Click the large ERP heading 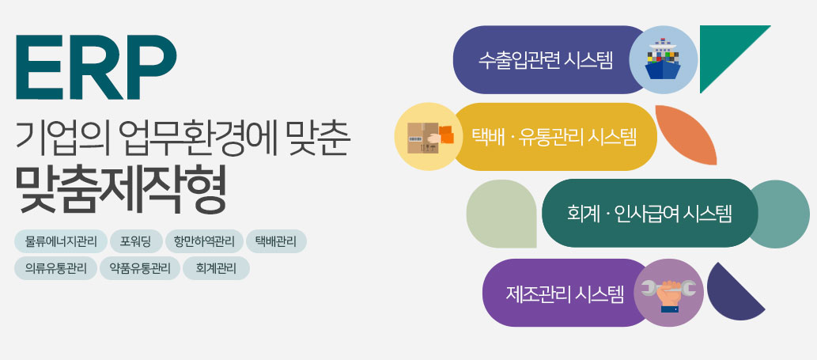click(x=96, y=67)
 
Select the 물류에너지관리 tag click(x=61, y=241)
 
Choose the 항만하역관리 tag click(x=204, y=241)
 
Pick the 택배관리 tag click(x=276, y=241)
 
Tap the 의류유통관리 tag click(x=55, y=268)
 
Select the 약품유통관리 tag click(x=140, y=268)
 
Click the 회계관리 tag click(x=216, y=268)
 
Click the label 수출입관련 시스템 click(x=546, y=60)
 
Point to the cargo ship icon click(x=663, y=59)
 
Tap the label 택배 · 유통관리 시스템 click(x=554, y=137)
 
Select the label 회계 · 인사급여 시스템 click(x=649, y=214)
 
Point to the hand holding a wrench click(x=668, y=294)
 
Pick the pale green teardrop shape click(x=501, y=214)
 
